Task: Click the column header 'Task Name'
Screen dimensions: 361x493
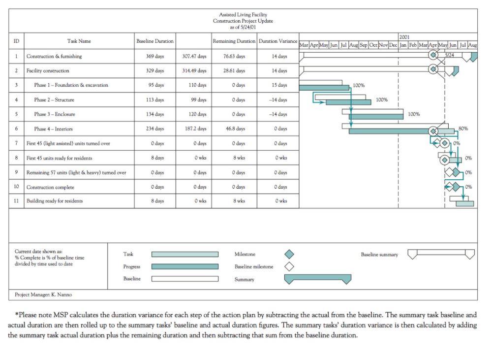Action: [x=79, y=41]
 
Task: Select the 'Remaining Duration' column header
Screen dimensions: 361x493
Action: [x=234, y=41]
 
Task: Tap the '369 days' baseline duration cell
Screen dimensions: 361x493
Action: [x=155, y=57]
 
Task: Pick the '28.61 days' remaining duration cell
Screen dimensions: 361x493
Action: [x=234, y=71]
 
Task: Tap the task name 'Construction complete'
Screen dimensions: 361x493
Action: [x=51, y=187]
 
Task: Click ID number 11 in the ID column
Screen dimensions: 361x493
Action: [x=16, y=201]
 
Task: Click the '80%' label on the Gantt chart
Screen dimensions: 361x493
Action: [x=463, y=129]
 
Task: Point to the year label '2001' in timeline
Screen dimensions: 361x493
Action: [x=404, y=37]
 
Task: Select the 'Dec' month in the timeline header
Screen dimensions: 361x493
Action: [x=393, y=45]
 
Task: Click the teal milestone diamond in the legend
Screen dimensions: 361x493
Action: [x=289, y=254]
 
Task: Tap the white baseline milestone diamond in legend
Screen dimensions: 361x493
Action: [x=289, y=267]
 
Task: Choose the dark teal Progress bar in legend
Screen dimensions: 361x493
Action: [x=185, y=267]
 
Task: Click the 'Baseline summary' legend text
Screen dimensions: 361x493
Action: [x=379, y=255]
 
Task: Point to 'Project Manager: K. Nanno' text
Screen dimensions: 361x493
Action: [x=43, y=295]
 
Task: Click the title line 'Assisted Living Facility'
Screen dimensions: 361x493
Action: [x=243, y=15]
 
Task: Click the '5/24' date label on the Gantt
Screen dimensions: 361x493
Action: [x=450, y=55]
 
